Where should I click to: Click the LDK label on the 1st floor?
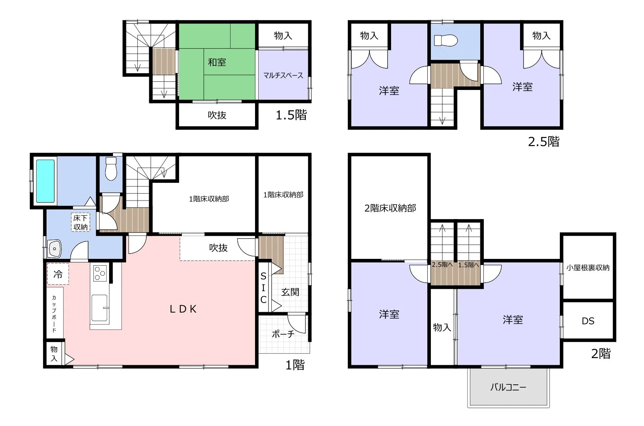pos(183,309)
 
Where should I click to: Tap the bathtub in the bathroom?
pos(45,181)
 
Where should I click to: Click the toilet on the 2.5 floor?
pos(446,40)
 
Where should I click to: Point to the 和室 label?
pos(217,62)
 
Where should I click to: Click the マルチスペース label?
pos(283,75)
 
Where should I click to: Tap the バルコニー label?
pos(508,387)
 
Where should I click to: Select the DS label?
pos(588,321)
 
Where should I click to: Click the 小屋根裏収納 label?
pos(588,268)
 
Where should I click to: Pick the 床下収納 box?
pos(81,222)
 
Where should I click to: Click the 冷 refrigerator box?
pos(58,274)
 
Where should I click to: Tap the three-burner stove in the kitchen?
pos(100,273)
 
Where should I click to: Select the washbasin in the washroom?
pos(54,249)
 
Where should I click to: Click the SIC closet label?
pos(263,288)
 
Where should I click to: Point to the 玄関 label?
pos(290,292)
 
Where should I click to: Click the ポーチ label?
pos(283,334)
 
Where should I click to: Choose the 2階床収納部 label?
pos(390,208)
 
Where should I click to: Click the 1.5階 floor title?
pos(291,115)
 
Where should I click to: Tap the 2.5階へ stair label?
pos(442,265)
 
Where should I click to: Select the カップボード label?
pos(54,313)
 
